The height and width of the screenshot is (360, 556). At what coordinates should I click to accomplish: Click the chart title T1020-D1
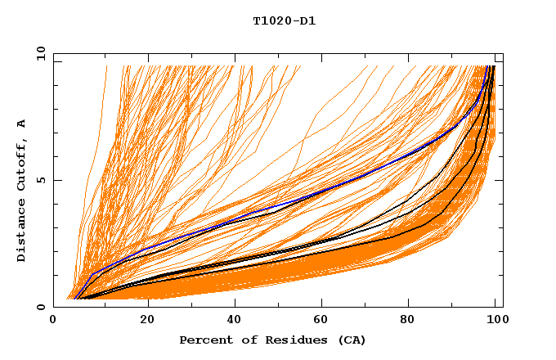coord(284,21)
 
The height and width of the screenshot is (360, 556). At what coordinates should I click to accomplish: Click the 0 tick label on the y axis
coord(41,307)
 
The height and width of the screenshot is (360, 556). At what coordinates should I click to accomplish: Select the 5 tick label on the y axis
coord(41,181)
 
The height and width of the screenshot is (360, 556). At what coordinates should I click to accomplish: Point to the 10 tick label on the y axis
coord(38,54)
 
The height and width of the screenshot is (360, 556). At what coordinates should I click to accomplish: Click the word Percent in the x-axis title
coord(204,340)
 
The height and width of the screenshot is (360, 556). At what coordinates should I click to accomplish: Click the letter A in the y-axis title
coord(21,124)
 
